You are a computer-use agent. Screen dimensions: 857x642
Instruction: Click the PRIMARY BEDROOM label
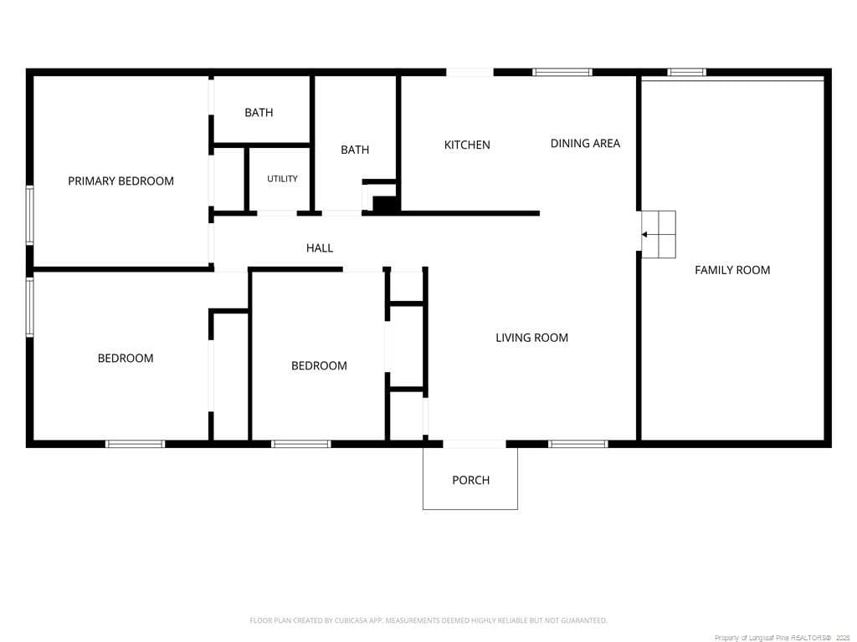pos(121,181)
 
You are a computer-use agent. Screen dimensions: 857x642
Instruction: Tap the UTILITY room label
pos(282,179)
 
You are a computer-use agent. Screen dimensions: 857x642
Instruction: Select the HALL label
pos(319,247)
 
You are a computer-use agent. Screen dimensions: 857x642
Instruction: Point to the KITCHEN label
pos(467,145)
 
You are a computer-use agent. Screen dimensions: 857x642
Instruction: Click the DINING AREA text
pos(585,143)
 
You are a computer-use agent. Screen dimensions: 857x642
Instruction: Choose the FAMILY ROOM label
pos(732,270)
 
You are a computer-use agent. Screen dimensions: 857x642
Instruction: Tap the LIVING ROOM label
pos(531,338)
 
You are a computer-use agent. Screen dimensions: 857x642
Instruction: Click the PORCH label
pos(470,480)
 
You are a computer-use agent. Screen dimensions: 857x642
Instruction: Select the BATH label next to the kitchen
pos(355,150)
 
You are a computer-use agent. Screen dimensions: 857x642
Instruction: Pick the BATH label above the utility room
pos(259,113)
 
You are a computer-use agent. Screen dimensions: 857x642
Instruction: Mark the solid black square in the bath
pos(385,204)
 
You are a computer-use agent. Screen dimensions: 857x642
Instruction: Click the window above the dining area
pos(562,72)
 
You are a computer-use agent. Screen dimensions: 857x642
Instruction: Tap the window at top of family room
pos(686,72)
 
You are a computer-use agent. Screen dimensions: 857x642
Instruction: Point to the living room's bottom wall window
pos(578,444)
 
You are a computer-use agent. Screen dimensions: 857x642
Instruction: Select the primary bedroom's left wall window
pos(30,215)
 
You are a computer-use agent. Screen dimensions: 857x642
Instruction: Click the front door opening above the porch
pos(475,444)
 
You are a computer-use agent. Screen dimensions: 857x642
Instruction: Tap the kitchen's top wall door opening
pos(470,72)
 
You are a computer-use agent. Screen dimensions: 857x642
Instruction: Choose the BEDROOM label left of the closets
pos(319,366)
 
